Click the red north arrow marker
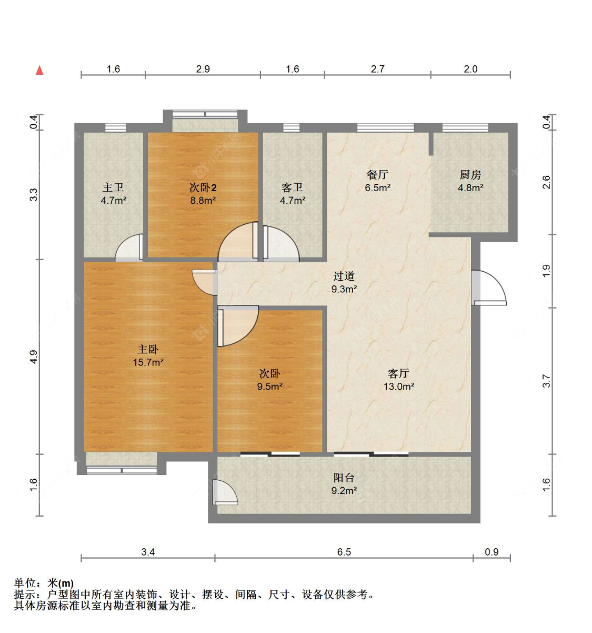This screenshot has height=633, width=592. coord(39,71)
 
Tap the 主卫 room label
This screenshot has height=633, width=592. coord(113,187)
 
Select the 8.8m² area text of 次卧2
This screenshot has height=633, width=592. coord(203,201)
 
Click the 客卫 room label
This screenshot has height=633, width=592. coord(292,187)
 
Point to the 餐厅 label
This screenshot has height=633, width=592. coord(377,174)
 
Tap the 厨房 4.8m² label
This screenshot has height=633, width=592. coord(470,181)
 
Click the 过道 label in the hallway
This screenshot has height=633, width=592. coord(344,276)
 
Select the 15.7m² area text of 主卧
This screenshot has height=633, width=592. coord(148,362)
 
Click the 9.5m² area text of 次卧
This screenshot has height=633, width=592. coord(269,387)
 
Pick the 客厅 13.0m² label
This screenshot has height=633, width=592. coord(398,379)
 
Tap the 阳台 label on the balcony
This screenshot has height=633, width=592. coord(344,478)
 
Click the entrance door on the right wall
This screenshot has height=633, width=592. coord(488,289)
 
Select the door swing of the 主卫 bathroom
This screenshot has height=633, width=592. coord(129,249)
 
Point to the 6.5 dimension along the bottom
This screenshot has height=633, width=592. coord(344,552)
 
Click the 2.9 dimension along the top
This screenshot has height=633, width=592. coord(203,69)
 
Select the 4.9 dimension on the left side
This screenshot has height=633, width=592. coord(34,357)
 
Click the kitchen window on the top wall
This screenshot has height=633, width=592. coord(465,127)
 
